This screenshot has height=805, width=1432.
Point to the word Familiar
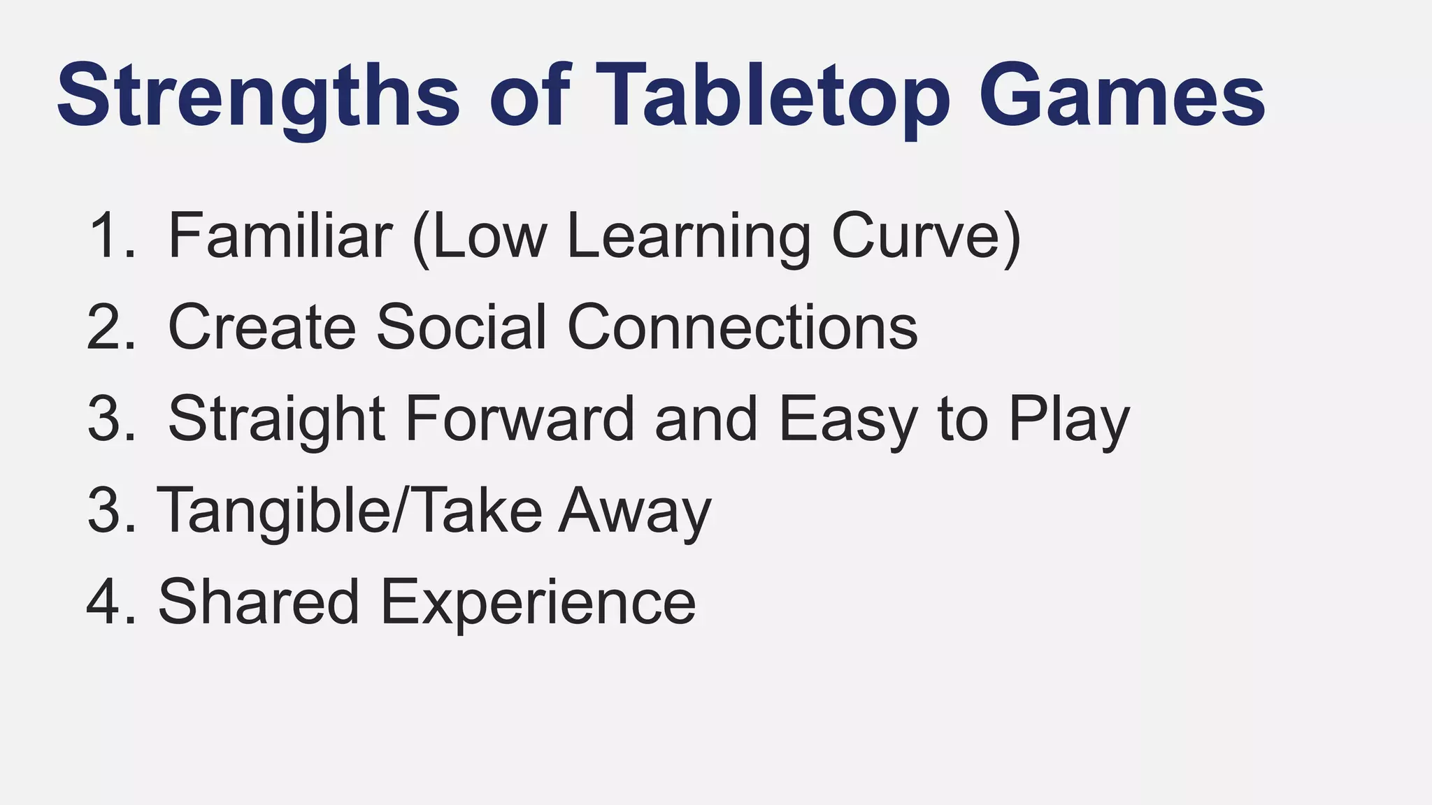coord(280,235)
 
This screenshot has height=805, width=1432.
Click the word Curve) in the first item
coord(926,235)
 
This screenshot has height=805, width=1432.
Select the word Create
coord(262,326)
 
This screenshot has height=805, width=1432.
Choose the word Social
coord(461,326)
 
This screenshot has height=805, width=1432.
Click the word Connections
coord(742,326)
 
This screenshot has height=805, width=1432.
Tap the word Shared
coord(259,601)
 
